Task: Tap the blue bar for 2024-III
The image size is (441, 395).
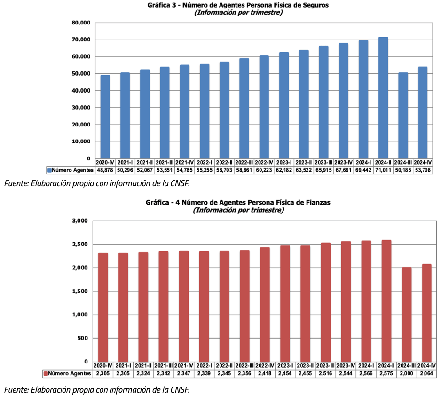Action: (403, 116)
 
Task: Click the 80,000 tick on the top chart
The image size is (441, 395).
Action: (80, 23)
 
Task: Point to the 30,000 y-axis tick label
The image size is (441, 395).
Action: (80, 108)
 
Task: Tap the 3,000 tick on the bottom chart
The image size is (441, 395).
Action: (80, 221)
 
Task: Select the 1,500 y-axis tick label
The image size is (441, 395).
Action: (80, 291)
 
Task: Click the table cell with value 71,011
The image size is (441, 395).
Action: (383, 169)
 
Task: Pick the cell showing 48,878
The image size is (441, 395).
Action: (105, 169)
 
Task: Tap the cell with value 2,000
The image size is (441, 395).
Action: (407, 373)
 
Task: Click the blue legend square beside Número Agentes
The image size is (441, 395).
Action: (49, 169)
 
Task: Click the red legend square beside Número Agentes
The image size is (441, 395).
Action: (46, 373)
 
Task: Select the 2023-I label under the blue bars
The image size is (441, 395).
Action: (284, 162)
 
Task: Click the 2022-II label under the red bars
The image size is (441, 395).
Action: (225, 365)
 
